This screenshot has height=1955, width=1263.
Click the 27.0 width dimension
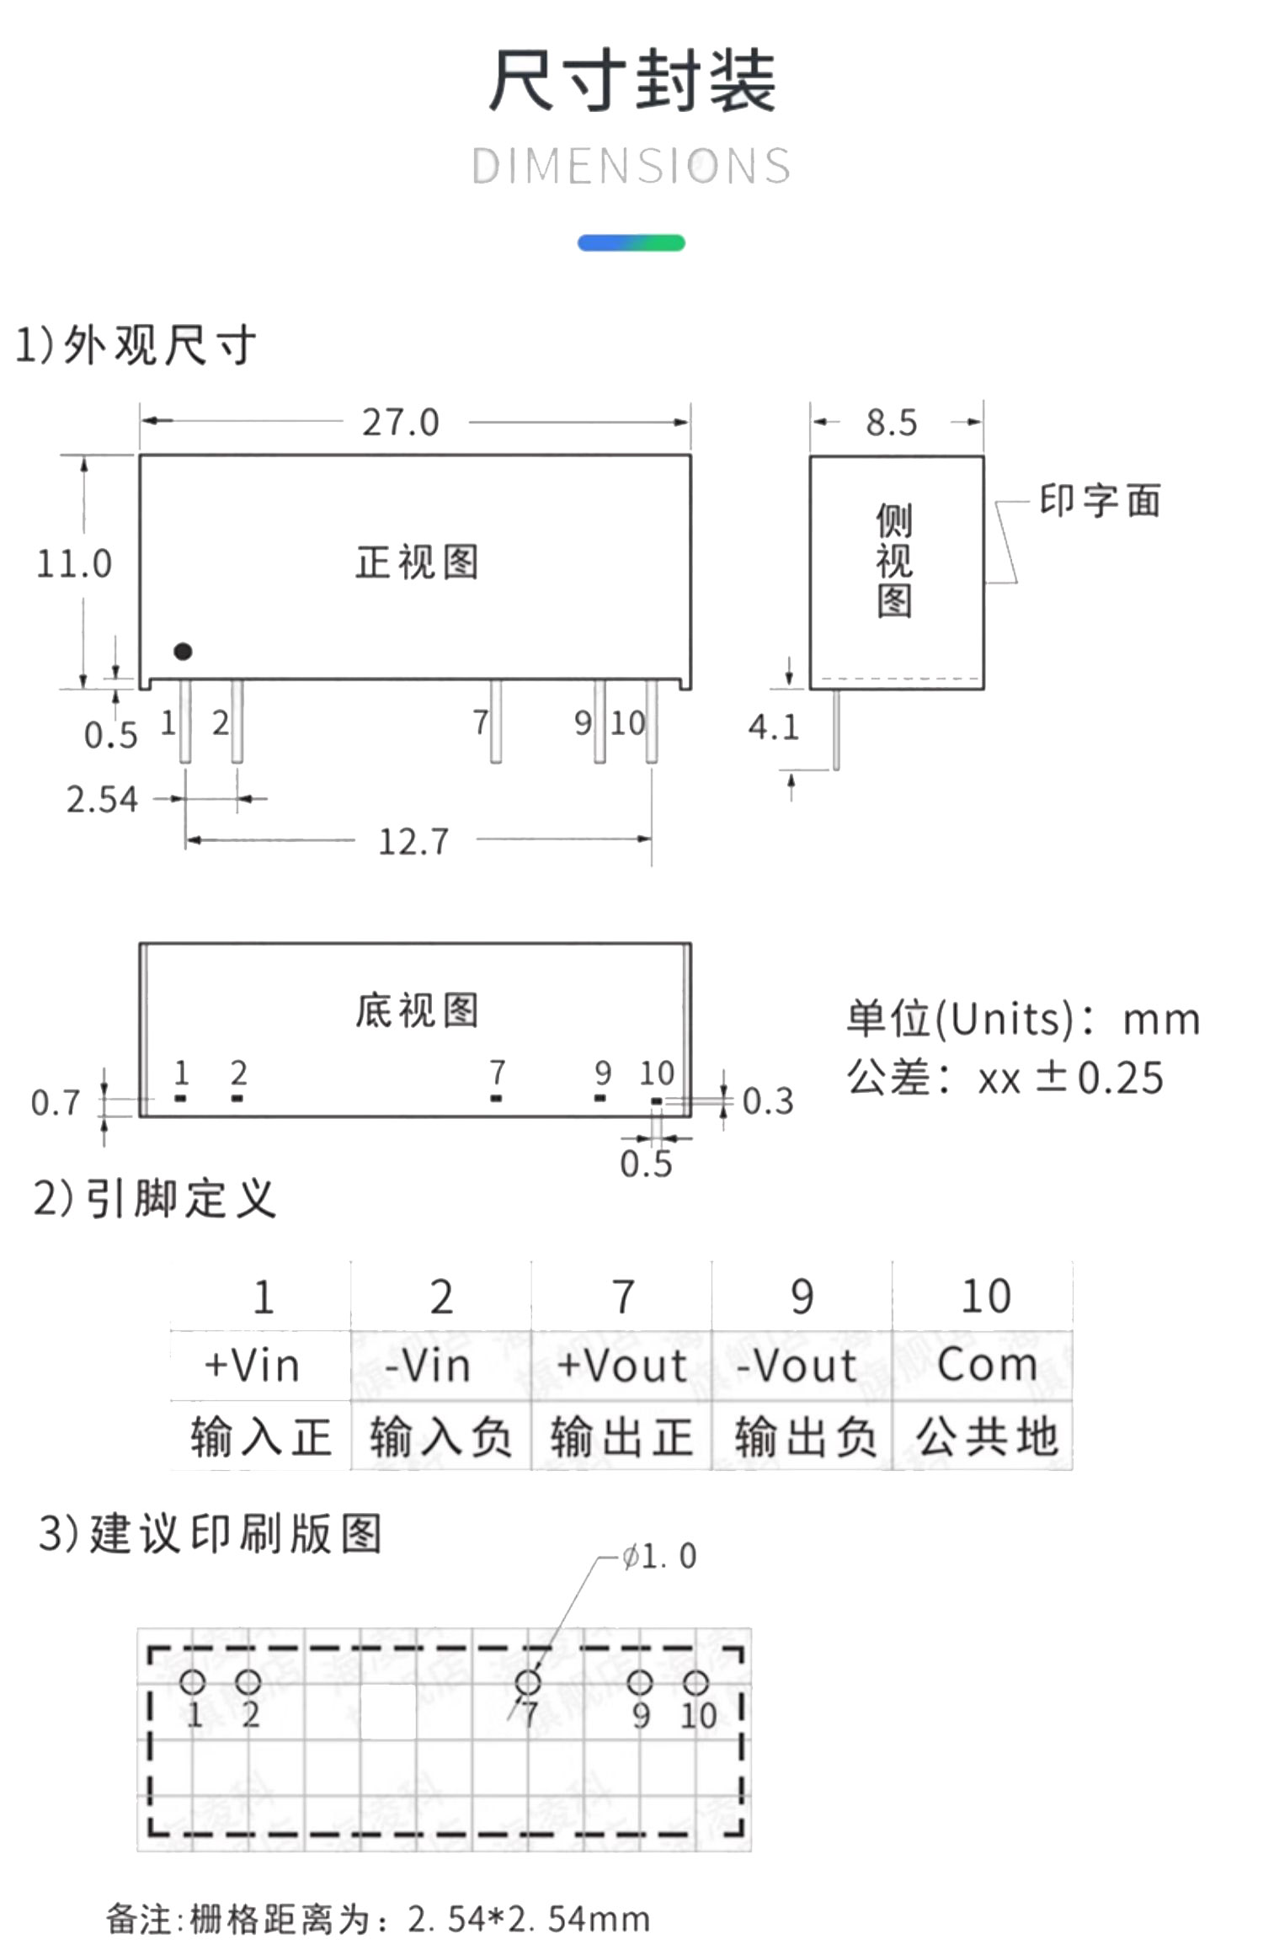(401, 422)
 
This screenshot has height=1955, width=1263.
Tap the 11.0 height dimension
(74, 563)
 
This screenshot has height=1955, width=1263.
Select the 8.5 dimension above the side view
(892, 422)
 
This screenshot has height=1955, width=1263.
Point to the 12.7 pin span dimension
(413, 841)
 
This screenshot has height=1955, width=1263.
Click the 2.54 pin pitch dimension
(102, 799)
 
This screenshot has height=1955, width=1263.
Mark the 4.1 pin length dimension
(773, 727)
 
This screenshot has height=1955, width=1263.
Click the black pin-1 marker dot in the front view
(183, 651)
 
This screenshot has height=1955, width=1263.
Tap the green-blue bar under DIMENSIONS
(631, 242)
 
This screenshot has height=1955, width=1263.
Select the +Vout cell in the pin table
(621, 1366)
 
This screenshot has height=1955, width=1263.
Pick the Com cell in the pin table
(986, 1366)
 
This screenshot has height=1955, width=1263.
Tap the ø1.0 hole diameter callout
(659, 1557)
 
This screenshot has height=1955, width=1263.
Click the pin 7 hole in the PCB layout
(528, 1682)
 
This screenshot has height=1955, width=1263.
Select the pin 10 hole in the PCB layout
(695, 1682)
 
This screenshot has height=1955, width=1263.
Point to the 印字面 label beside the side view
(1100, 500)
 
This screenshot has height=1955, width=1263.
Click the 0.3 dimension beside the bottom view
(768, 1101)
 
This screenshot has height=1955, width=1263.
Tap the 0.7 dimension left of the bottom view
(56, 1103)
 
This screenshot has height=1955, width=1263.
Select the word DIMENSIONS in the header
(631, 166)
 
